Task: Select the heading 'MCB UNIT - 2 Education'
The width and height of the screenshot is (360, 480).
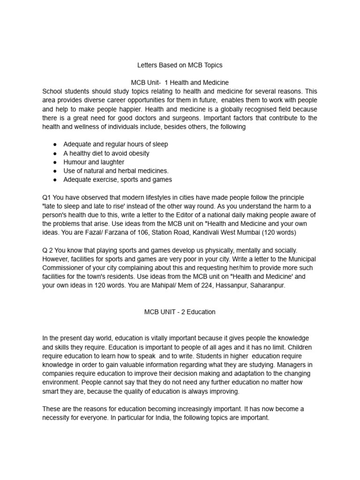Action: tap(180, 312)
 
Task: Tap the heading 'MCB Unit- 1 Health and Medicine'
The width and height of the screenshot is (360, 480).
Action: tap(180, 82)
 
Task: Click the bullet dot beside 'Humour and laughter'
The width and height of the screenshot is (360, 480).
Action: tap(55, 162)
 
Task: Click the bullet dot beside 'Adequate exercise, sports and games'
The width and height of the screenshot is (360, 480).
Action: tap(55, 180)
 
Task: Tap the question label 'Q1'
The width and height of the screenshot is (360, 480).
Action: tap(47, 197)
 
